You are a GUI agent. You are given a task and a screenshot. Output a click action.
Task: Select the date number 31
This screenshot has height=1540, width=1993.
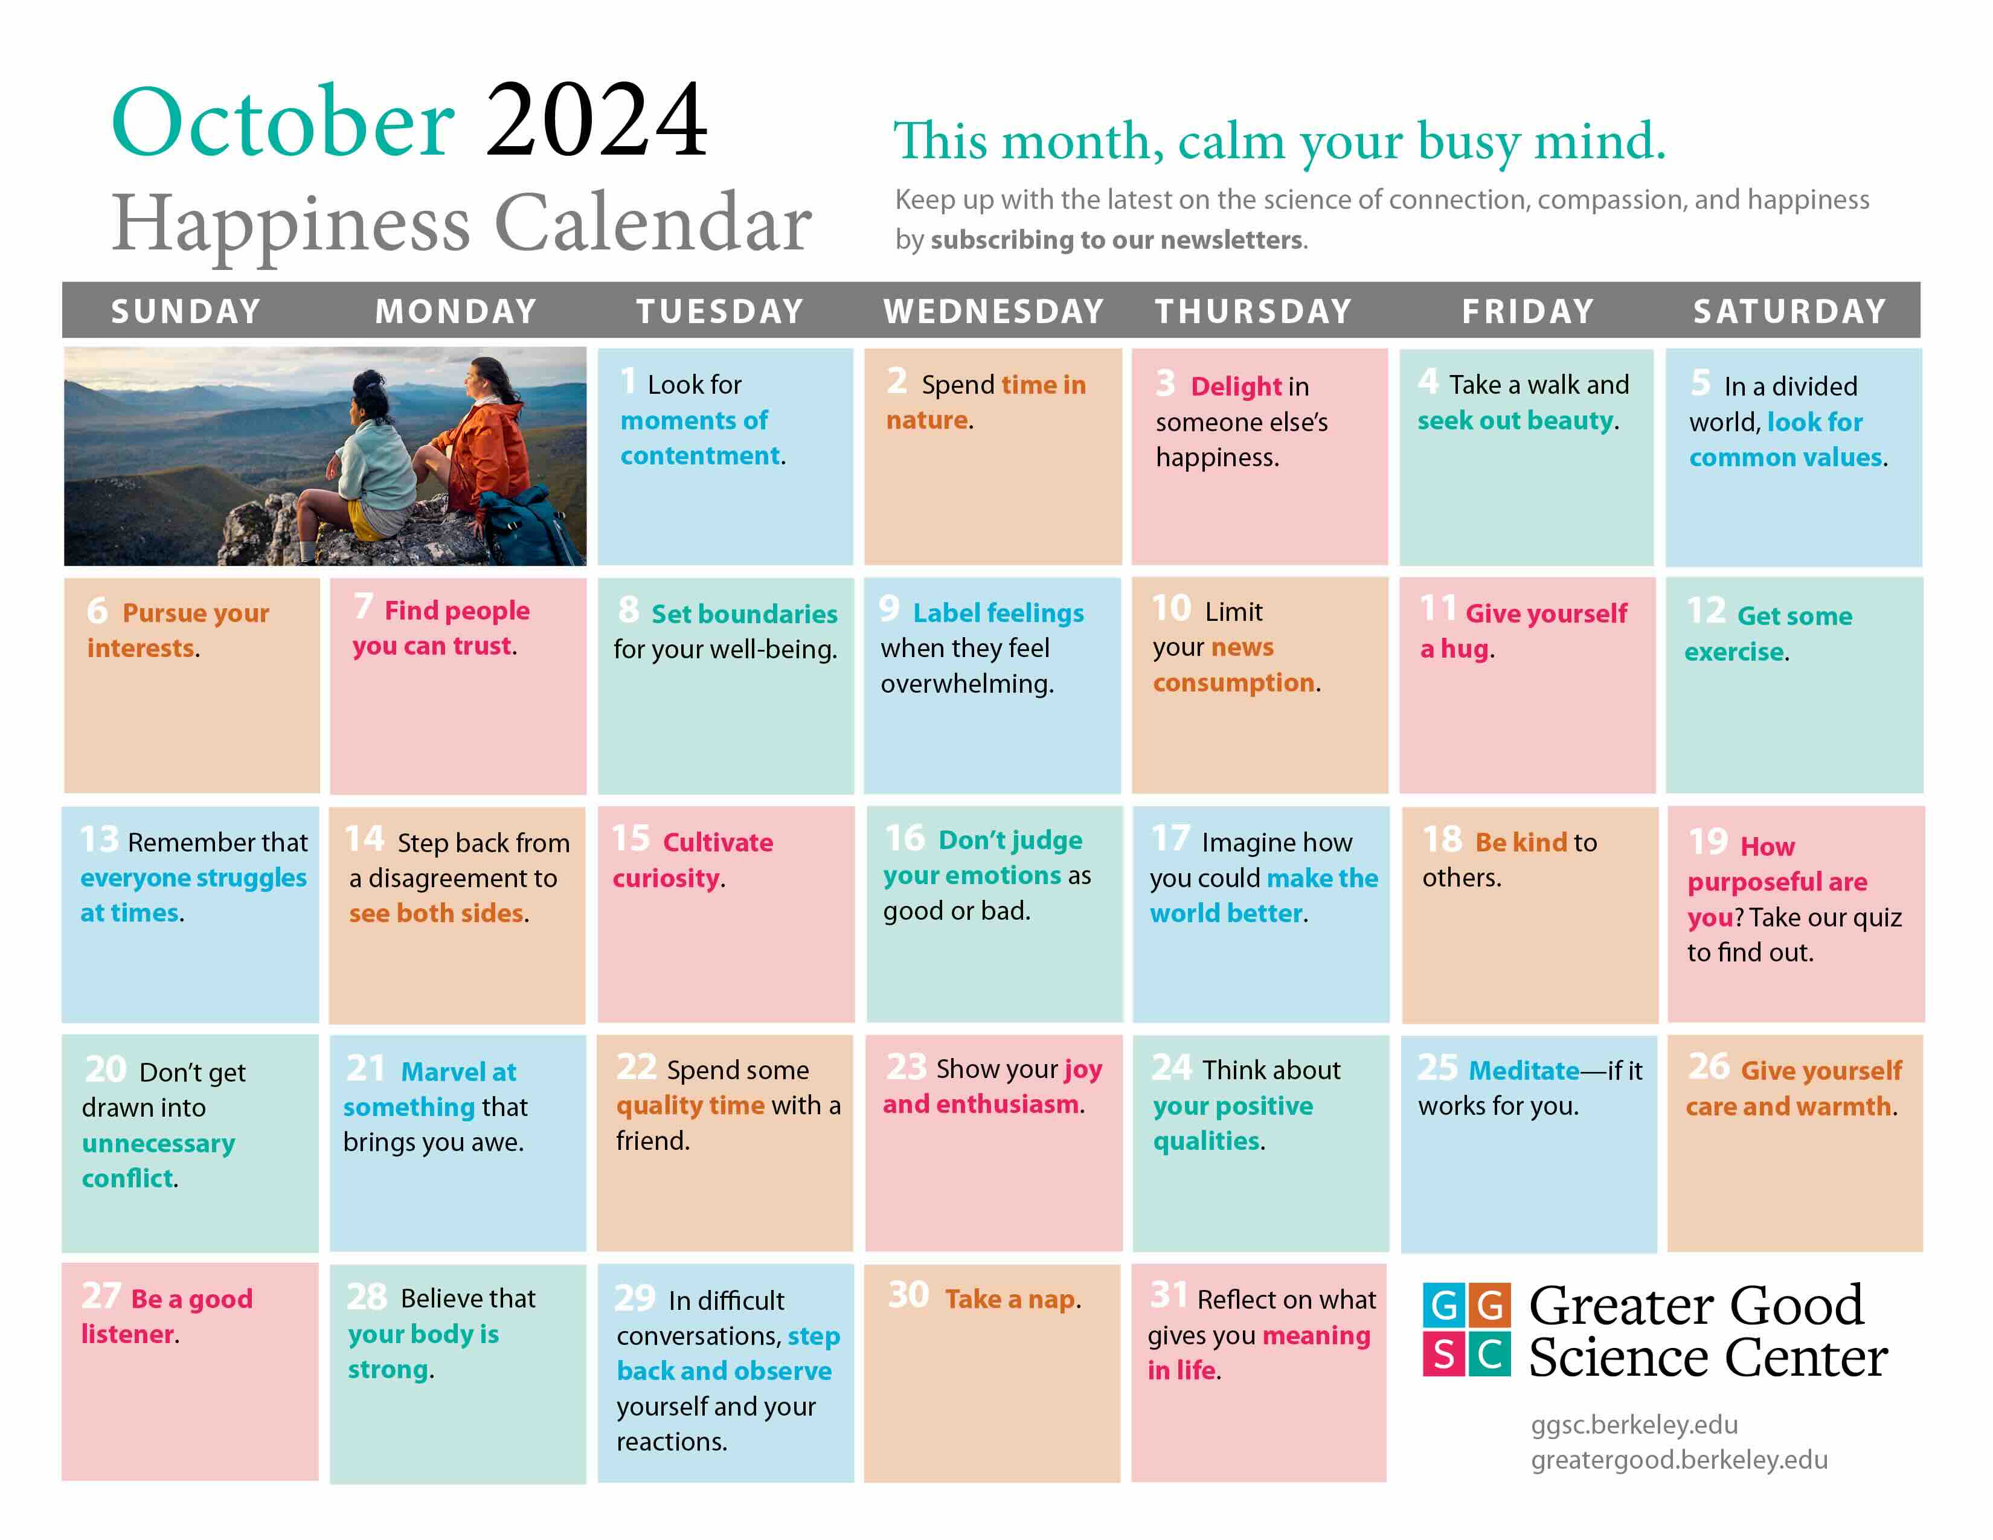tap(1168, 1295)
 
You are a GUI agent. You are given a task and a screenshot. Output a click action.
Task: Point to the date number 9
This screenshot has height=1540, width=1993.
tap(889, 609)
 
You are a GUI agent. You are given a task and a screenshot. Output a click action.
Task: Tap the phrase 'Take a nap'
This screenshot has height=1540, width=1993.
tap(1010, 1298)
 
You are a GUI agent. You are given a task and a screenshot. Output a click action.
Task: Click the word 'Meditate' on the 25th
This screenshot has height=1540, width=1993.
tap(1523, 1070)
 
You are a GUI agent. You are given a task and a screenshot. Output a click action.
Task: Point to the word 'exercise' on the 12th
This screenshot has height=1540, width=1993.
tap(1733, 652)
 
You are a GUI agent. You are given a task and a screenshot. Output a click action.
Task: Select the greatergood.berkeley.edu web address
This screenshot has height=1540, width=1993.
tap(1678, 1460)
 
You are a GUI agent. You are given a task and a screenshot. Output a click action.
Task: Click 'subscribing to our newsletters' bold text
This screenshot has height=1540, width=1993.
tap(1116, 240)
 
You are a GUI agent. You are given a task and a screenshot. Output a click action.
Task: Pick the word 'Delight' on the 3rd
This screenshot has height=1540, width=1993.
tap(1236, 387)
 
